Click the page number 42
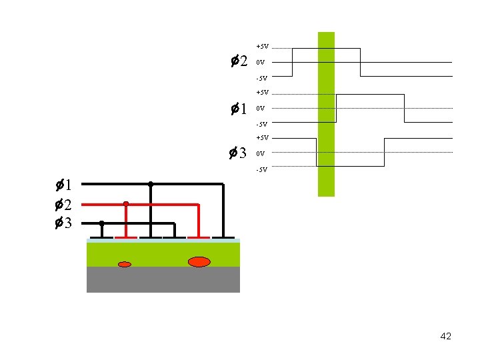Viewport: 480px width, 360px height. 446,336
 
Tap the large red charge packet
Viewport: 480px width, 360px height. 199,261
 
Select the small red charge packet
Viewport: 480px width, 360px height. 125,265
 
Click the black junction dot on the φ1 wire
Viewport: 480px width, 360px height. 151,183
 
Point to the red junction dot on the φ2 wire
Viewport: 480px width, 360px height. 126,203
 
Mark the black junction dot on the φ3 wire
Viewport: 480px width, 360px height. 101,223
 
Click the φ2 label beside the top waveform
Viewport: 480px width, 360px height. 238,62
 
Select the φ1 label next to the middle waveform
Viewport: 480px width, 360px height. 238,108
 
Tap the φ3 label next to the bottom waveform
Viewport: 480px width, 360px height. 238,153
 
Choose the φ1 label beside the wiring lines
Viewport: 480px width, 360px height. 64,185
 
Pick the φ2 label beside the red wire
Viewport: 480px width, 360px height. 64,204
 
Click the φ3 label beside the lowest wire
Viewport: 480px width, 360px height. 64,223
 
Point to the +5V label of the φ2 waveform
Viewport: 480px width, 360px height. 262,47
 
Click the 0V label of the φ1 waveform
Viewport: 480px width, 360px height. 261,108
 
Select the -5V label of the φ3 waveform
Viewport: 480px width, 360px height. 261,169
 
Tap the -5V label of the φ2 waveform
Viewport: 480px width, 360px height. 261,79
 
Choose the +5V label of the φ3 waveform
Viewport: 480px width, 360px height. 262,138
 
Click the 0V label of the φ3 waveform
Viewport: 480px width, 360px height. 261,154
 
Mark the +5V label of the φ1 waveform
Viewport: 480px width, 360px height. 262,93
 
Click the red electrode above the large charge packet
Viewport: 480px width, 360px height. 199,237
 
